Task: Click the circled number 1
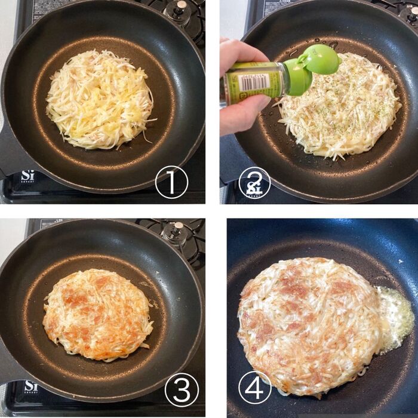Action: pyautogui.click(x=171, y=182)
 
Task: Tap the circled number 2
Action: pyautogui.click(x=254, y=182)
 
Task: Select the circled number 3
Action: pyautogui.click(x=182, y=391)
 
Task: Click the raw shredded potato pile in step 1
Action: pyautogui.click(x=99, y=99)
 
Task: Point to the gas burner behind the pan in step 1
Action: pyautogui.click(x=179, y=13)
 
